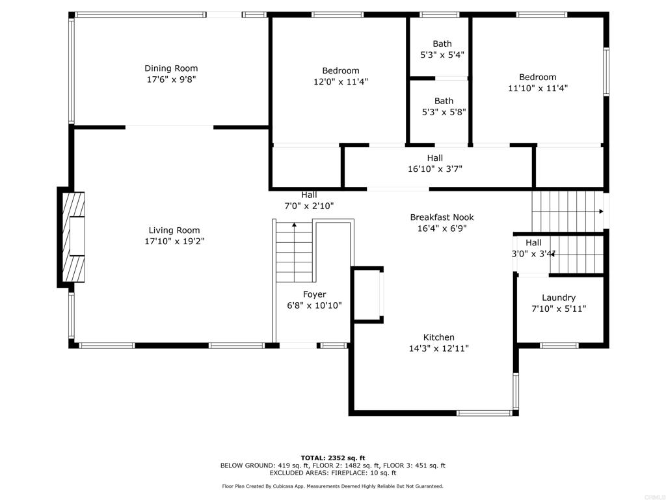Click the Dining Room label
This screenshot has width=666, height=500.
[171, 68]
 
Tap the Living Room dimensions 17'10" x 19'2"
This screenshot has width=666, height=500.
[174, 241]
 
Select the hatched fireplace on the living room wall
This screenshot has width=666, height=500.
[73, 237]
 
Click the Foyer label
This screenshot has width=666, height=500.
[314, 294]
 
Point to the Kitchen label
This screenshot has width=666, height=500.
[439, 337]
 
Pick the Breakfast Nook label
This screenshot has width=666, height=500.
[442, 217]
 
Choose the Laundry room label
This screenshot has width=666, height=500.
[559, 298]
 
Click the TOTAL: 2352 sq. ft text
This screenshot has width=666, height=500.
[333, 458]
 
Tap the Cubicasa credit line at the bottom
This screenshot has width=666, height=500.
[332, 486]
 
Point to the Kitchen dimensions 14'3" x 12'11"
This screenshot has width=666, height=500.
[439, 348]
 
